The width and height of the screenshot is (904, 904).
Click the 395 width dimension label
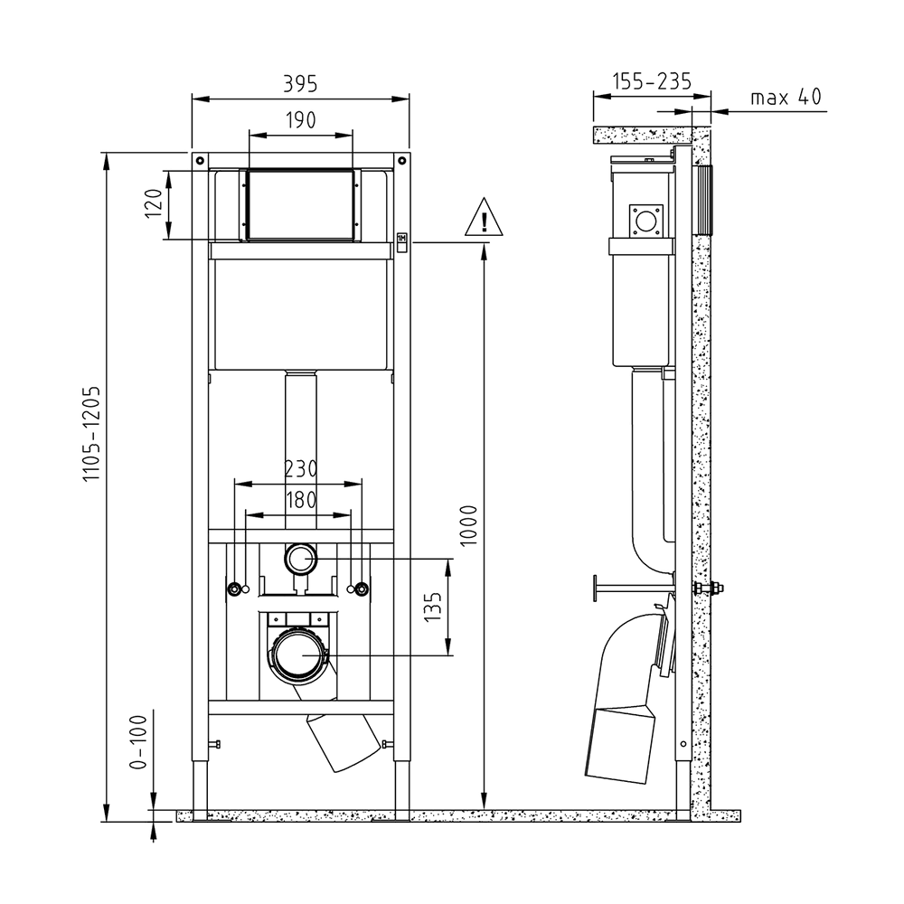point(300,84)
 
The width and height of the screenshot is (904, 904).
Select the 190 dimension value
point(301,120)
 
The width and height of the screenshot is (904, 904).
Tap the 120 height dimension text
point(154,202)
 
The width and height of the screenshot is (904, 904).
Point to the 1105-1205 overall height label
point(91,434)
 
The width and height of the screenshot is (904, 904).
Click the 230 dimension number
point(301,469)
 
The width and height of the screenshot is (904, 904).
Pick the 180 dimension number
point(301,500)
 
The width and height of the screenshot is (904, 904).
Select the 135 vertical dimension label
point(432,607)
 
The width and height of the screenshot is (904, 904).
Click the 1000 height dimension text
point(469,525)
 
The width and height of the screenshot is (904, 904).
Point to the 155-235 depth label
point(652,82)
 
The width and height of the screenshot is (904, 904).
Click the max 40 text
point(786,97)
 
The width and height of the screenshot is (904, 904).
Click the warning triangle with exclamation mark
point(485,217)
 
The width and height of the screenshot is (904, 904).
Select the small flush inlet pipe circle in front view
point(300,559)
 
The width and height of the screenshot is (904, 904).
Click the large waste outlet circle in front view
point(300,654)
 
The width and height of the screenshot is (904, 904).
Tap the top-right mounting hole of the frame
point(402,160)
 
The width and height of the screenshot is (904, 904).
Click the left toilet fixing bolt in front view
point(235,589)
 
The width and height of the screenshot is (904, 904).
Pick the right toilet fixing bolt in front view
point(362,589)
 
